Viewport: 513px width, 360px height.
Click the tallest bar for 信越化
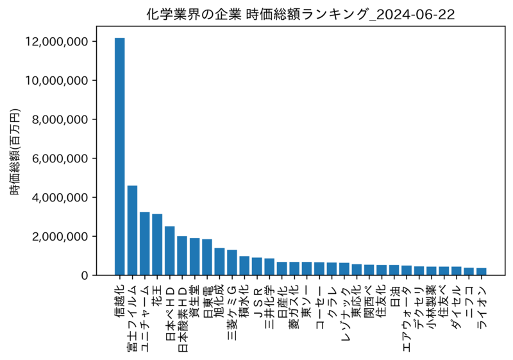(x=119, y=157)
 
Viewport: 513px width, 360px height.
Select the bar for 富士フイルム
(x=132, y=230)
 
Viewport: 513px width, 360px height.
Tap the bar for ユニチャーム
(x=145, y=243)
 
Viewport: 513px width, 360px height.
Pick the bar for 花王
(x=157, y=244)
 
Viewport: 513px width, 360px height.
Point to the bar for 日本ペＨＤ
(x=169, y=251)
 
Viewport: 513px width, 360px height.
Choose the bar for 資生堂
(x=195, y=257)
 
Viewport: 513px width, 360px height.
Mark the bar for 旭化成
(x=219, y=261)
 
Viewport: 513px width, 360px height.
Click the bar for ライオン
(x=482, y=271)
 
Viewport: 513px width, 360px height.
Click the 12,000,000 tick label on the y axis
(x=56, y=42)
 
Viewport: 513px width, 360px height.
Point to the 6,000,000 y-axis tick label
(x=60, y=159)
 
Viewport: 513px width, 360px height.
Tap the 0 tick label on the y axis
(x=85, y=275)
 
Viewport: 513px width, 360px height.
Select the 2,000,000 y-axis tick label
(x=60, y=236)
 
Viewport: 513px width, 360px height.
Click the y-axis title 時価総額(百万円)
(x=15, y=151)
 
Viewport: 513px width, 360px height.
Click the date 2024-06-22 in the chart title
(x=415, y=14)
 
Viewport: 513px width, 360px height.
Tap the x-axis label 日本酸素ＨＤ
(x=183, y=319)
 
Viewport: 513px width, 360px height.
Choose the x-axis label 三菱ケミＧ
(x=232, y=313)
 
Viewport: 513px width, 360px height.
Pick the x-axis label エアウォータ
(x=407, y=318)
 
